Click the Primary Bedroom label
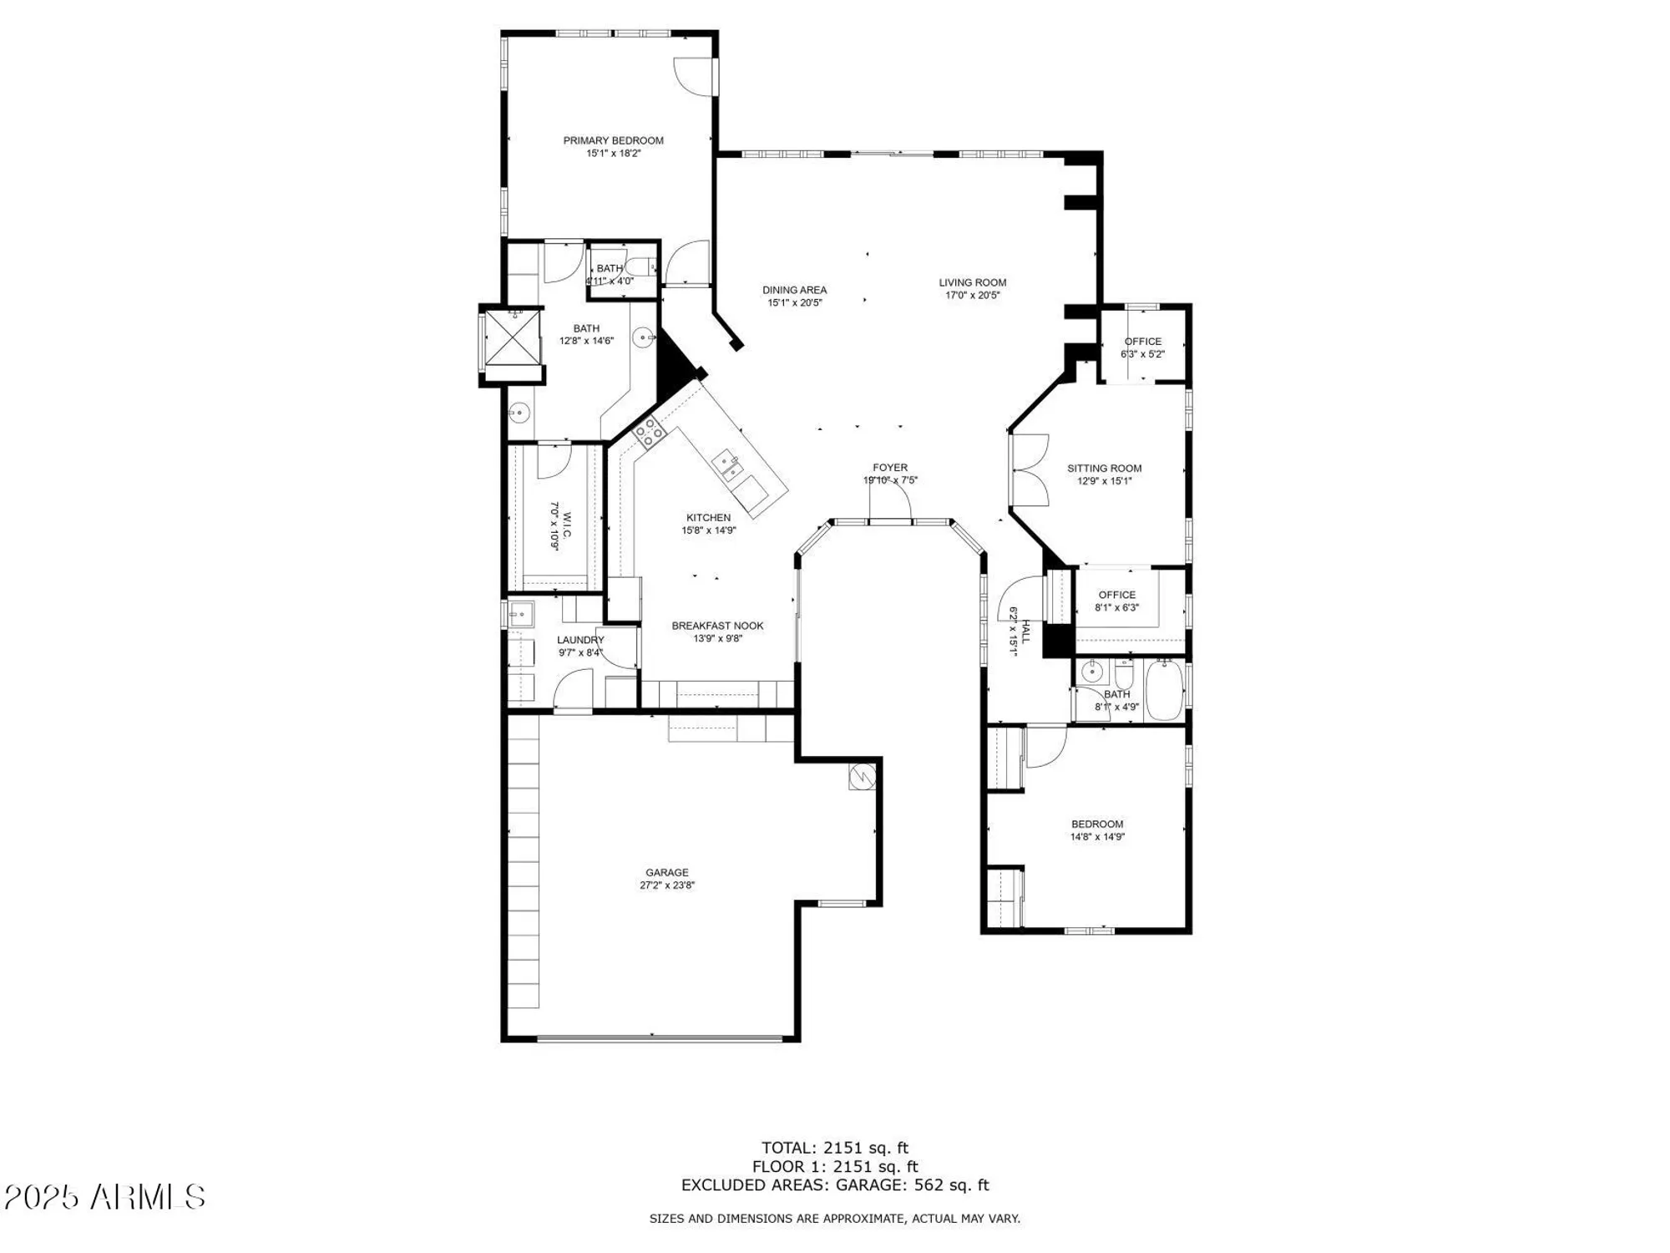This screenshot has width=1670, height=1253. pyautogui.click(x=613, y=140)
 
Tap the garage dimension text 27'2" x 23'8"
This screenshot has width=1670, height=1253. pyautogui.click(x=667, y=885)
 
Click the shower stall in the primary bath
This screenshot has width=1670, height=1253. pyautogui.click(x=513, y=337)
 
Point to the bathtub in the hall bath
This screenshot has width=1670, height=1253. pyautogui.click(x=1163, y=690)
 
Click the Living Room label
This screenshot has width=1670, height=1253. pyautogui.click(x=972, y=282)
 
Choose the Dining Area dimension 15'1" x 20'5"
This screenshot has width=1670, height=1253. pyautogui.click(x=795, y=302)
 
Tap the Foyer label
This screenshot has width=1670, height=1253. pyautogui.click(x=890, y=468)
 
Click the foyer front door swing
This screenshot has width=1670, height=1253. pyautogui.click(x=891, y=501)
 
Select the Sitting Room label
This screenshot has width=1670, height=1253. pyautogui.click(x=1104, y=468)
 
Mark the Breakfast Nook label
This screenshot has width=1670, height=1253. pyautogui.click(x=717, y=626)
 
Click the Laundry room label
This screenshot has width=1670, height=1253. pyautogui.click(x=580, y=640)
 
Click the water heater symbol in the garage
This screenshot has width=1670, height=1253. pyautogui.click(x=863, y=776)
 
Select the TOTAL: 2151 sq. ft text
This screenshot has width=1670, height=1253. pyautogui.click(x=834, y=1148)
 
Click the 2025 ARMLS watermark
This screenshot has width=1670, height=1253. pyautogui.click(x=104, y=1197)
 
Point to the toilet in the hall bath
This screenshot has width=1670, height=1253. pyautogui.click(x=1124, y=671)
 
